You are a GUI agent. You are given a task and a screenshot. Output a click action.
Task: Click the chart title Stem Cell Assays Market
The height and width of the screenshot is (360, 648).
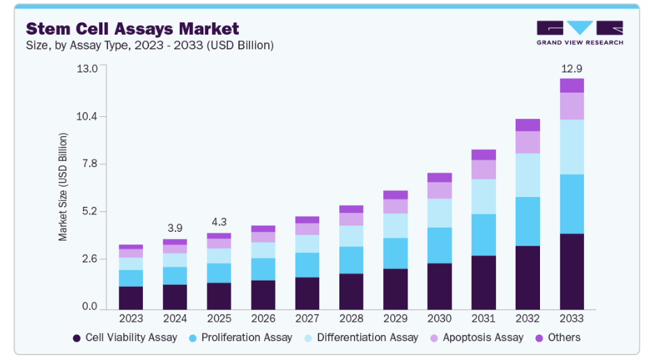click(132, 29)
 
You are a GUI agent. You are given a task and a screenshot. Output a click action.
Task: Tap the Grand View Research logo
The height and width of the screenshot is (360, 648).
click(579, 32)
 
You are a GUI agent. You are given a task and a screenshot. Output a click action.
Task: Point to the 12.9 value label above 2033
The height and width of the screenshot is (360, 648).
click(571, 68)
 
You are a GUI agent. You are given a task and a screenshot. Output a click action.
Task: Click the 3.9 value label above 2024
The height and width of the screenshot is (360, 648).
click(175, 228)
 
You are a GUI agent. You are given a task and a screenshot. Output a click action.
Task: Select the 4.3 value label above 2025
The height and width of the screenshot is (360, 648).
click(219, 222)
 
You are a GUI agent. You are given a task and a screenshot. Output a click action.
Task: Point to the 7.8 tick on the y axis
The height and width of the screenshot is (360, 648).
click(89, 164)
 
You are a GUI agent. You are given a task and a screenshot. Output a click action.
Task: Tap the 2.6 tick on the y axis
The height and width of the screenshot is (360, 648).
click(89, 259)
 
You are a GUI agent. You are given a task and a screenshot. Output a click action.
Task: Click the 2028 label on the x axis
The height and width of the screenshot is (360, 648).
click(351, 318)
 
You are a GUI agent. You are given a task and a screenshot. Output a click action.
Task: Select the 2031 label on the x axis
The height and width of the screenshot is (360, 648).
click(484, 318)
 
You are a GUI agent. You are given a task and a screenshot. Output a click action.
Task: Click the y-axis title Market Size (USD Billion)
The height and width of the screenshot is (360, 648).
click(63, 187)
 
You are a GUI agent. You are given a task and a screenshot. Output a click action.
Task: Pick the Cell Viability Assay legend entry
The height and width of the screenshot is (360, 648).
click(125, 338)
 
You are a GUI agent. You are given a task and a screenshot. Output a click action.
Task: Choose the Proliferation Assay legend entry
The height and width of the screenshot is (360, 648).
click(240, 338)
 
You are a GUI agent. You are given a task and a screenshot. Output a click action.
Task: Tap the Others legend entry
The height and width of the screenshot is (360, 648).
click(557, 338)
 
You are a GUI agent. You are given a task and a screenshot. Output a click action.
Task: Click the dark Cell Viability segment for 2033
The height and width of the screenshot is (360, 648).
click(571, 272)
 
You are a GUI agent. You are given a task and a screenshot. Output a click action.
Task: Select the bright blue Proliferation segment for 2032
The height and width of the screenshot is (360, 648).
click(527, 221)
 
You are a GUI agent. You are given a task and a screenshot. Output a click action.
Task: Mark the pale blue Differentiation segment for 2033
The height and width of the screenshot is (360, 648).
click(571, 147)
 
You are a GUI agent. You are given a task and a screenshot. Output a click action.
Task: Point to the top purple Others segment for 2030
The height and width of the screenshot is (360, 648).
click(440, 178)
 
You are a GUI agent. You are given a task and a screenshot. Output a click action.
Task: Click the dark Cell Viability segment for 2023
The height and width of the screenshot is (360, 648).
click(131, 297)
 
